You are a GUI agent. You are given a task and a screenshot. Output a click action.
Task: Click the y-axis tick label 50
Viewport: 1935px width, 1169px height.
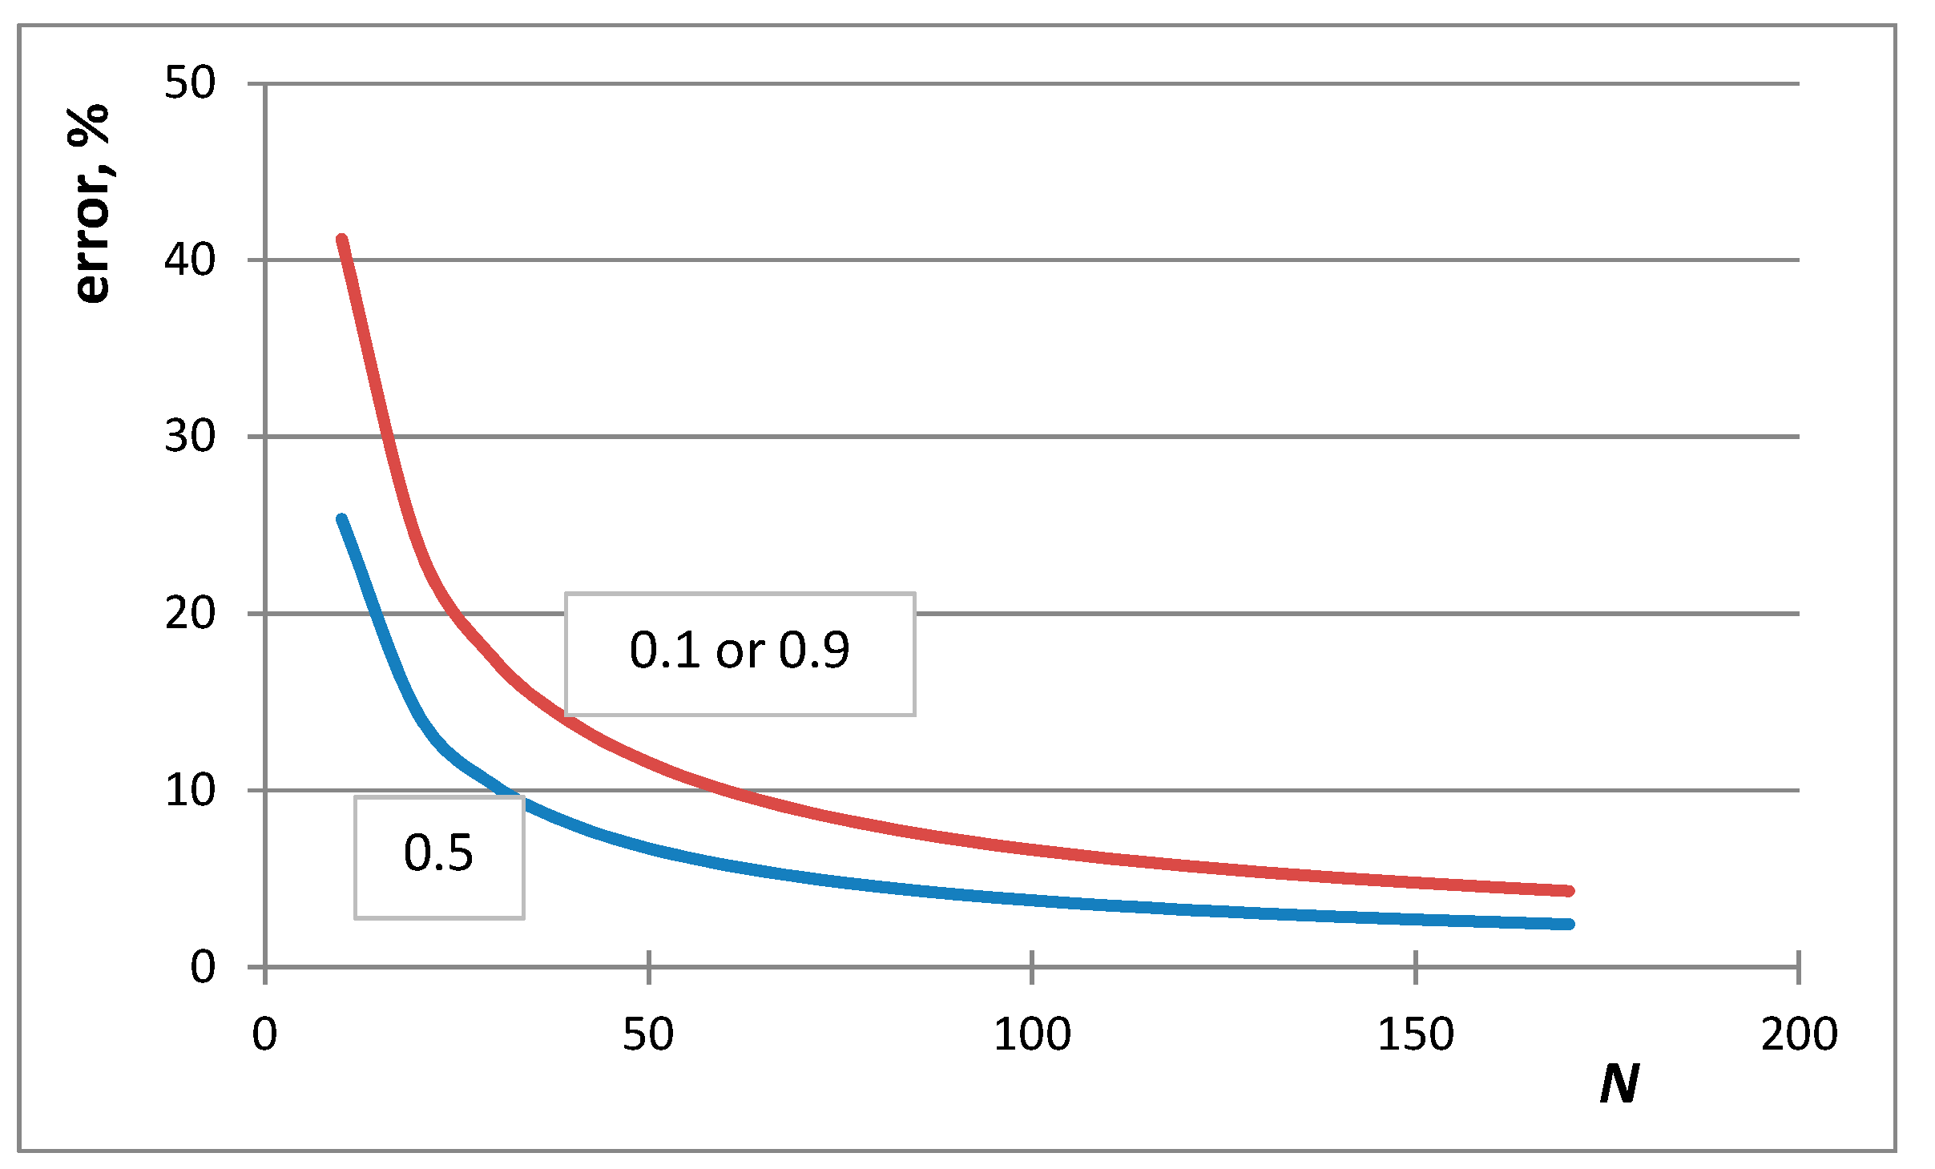coord(190,83)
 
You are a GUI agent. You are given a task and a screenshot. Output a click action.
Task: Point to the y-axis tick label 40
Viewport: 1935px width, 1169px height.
coord(190,260)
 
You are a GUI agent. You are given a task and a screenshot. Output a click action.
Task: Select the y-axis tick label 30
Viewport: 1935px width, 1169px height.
coord(190,437)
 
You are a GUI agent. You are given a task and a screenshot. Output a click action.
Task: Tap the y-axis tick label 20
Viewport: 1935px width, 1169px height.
coord(190,614)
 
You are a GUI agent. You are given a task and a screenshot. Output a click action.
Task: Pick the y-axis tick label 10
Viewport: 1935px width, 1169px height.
coord(190,791)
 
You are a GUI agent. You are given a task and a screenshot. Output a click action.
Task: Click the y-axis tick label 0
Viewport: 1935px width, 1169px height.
coord(203,967)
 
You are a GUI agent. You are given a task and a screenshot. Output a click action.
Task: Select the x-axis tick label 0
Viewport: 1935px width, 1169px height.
coord(264,1034)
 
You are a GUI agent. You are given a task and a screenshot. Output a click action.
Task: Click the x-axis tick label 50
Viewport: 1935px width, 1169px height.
coord(648,1034)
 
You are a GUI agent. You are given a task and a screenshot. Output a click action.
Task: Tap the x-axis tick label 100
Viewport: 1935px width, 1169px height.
coord(1032,1034)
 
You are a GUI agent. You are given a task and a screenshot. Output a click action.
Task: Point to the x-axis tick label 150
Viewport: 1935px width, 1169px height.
coord(1416,1034)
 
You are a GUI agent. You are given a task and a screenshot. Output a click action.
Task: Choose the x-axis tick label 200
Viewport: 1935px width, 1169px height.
coord(1799,1034)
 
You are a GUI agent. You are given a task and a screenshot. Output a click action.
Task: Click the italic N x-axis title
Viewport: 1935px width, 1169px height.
coord(1619,1085)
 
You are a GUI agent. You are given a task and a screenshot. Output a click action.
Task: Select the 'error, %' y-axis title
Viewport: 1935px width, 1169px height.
coord(91,204)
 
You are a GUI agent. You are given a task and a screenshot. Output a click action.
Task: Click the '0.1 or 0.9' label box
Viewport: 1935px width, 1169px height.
coord(740,654)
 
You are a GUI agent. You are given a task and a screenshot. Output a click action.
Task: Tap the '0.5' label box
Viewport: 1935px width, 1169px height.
coord(439,857)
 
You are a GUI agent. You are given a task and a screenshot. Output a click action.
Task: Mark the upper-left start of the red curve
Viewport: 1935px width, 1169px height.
coord(342,240)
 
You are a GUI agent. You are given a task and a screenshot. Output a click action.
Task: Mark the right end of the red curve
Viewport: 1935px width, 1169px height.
coord(1570,891)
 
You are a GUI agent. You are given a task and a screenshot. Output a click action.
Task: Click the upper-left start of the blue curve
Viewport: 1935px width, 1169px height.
coord(341,519)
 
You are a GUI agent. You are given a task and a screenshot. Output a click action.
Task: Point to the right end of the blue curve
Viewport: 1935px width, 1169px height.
coord(1570,924)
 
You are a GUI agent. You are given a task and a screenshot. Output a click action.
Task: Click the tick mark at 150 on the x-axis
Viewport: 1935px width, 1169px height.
coord(1416,967)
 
